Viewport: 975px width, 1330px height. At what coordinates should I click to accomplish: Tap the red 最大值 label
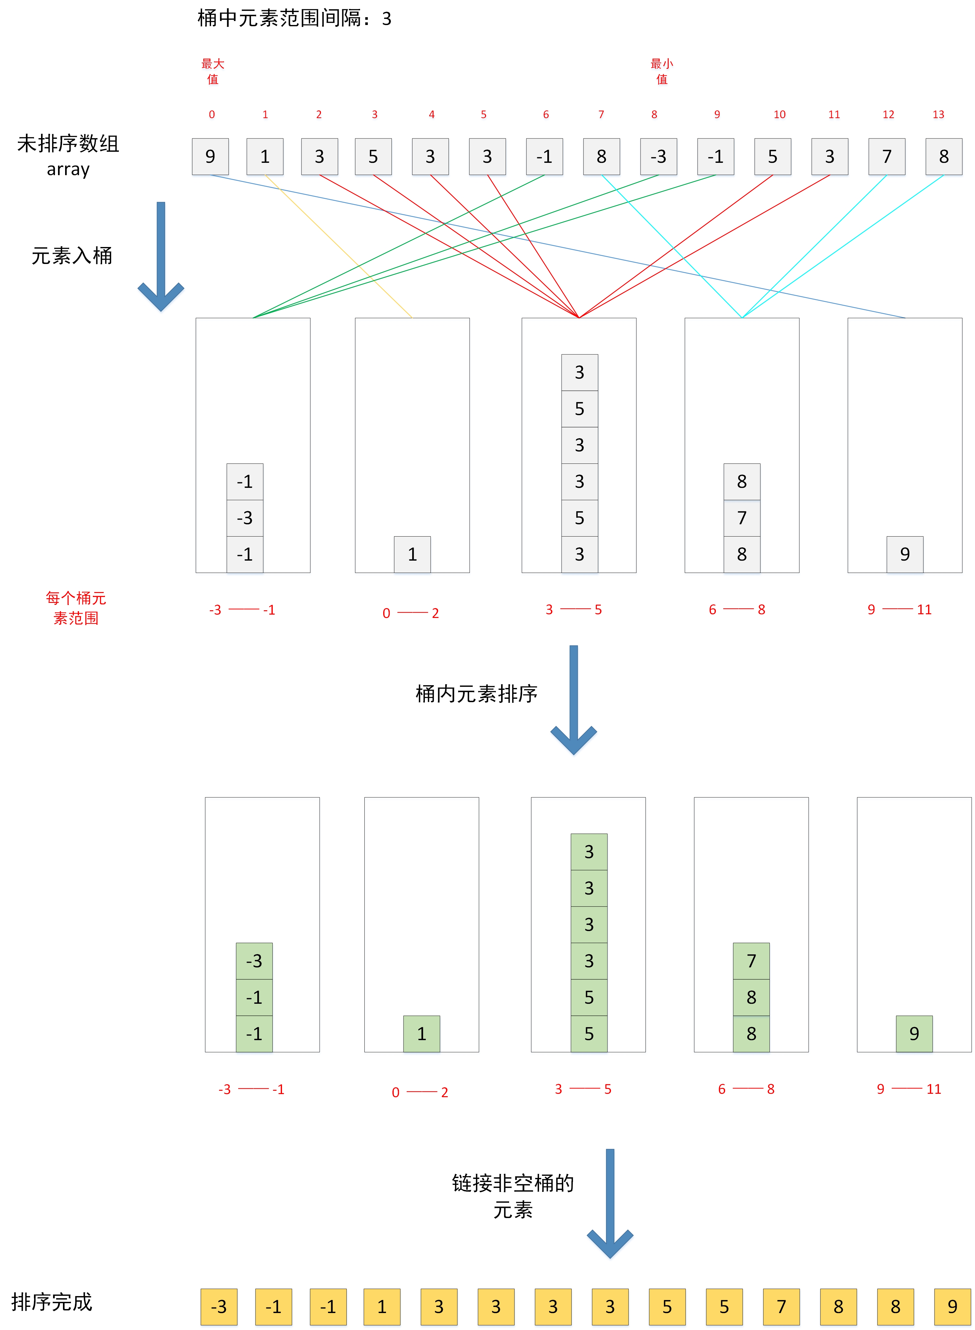pos(213,71)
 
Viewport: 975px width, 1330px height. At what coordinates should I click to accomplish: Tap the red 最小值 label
pos(662,71)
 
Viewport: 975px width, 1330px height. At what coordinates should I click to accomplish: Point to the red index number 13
pos(938,114)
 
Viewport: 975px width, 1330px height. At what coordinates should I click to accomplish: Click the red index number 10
pos(779,114)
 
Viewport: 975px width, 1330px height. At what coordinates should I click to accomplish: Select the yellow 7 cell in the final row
pos(781,1306)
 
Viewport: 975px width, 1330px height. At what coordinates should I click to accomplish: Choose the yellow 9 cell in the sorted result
pos(952,1306)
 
